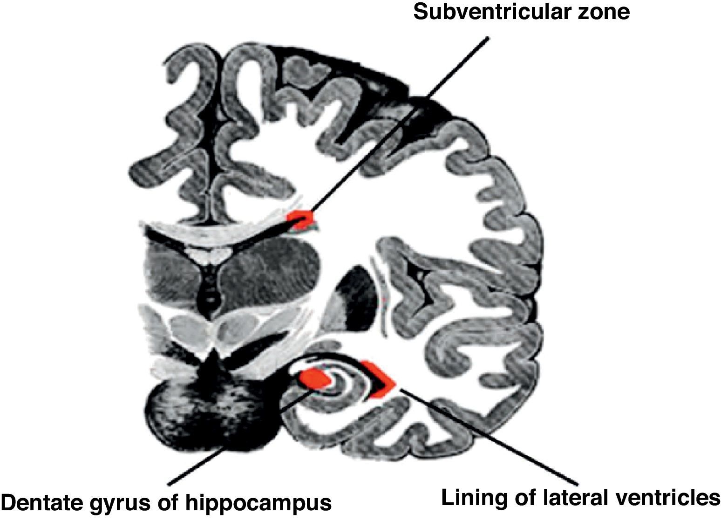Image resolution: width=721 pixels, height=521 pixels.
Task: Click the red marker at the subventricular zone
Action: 300,219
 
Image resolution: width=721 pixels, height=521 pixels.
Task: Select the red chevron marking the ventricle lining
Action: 380,380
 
